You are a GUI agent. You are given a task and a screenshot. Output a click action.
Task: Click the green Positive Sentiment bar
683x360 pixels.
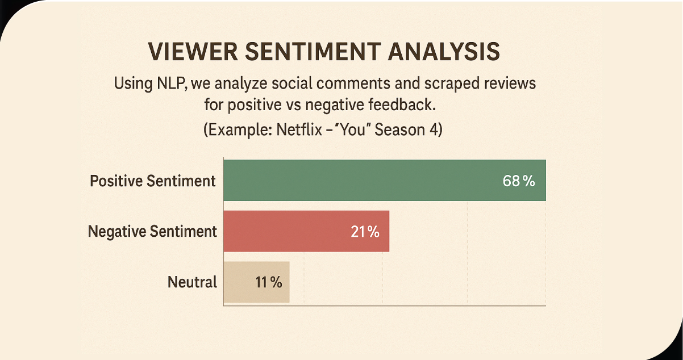364,181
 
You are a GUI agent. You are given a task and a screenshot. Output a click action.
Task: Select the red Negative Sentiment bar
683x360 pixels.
284,231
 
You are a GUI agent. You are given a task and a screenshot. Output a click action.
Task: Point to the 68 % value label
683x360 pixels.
519,181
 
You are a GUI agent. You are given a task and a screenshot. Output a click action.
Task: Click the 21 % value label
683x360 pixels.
365,232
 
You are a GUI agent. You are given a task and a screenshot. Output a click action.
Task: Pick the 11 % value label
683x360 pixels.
268,282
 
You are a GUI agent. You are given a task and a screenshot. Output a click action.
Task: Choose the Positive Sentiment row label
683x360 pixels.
153,181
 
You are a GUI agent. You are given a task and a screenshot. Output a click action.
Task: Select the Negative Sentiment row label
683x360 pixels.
152,232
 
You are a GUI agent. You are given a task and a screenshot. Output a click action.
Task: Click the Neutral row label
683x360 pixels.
192,282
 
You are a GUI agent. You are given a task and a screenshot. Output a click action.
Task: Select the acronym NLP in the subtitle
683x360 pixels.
168,84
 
